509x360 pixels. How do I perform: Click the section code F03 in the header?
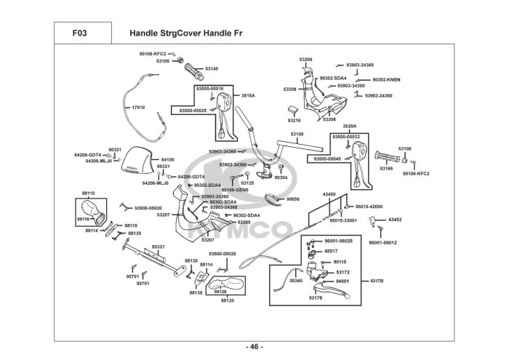[x=80, y=33]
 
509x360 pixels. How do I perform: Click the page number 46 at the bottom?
[x=254, y=345]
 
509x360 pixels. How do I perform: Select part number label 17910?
[x=137, y=108]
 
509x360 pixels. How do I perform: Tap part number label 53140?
[x=212, y=68]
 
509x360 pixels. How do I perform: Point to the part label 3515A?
[x=248, y=95]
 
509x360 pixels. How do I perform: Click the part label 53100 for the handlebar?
[x=297, y=134]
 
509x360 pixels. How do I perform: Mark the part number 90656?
[x=292, y=199]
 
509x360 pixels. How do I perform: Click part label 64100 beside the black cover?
[x=167, y=159]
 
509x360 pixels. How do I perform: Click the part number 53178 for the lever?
[x=315, y=297]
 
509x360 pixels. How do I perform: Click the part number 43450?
[x=329, y=194]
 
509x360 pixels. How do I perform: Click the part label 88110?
[x=88, y=193]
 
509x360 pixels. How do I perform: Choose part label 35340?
[x=296, y=280]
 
